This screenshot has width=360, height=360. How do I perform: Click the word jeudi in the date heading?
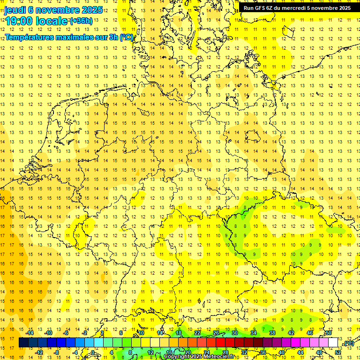click(15, 9)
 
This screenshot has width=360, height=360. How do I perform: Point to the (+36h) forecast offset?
click(81, 21)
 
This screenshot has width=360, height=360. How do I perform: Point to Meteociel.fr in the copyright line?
click(222, 357)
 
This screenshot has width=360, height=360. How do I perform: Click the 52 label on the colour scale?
click(338, 352)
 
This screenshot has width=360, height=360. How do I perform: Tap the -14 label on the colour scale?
click(30, 333)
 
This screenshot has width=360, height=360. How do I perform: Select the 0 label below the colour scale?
click(93, 352)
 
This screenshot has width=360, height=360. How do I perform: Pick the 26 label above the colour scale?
click(216, 333)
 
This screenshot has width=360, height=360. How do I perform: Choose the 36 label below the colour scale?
click(262, 352)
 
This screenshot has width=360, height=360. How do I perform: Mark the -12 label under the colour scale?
click(39, 352)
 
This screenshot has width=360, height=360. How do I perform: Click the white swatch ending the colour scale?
click(333, 342)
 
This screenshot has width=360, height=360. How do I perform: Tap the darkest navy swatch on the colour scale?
click(23, 342)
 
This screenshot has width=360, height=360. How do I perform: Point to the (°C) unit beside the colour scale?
click(348, 343)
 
